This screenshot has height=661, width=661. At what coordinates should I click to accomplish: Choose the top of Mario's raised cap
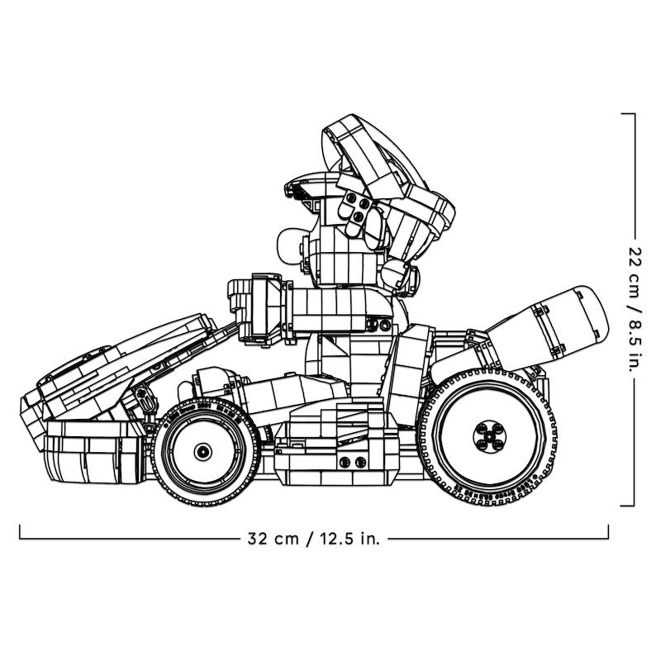click(x=347, y=132)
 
